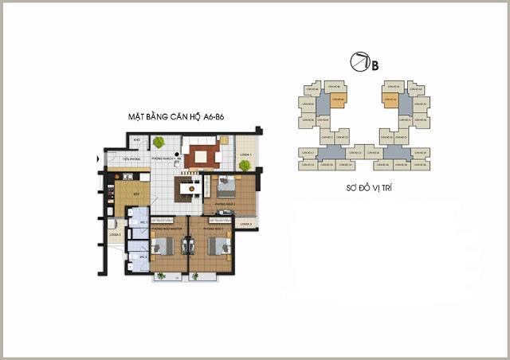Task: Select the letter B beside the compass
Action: (375, 65)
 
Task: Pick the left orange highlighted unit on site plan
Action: (337, 100)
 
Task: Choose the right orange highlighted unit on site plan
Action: (390, 100)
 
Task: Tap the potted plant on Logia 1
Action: (245, 166)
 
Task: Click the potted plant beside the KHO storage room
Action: (159, 143)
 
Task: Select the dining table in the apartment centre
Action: (190, 188)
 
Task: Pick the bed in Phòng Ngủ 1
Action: (216, 246)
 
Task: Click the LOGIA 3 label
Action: (245, 224)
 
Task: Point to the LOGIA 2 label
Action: (115, 235)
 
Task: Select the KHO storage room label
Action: (137, 140)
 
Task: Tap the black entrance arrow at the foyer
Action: (99, 159)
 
